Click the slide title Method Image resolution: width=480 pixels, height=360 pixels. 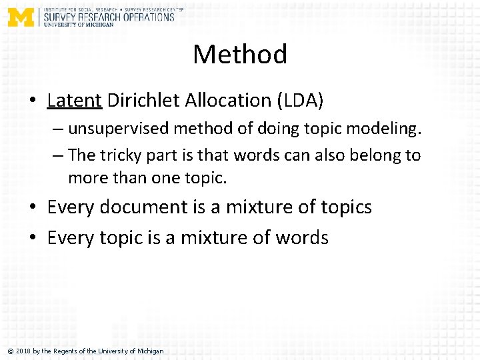tap(240, 54)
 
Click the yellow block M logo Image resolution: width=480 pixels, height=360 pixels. tap(21, 17)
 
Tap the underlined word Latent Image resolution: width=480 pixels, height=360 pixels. tap(74, 101)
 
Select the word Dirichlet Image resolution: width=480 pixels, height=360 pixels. tap(143, 101)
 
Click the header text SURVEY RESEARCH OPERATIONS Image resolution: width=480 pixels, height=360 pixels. tap(109, 17)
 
